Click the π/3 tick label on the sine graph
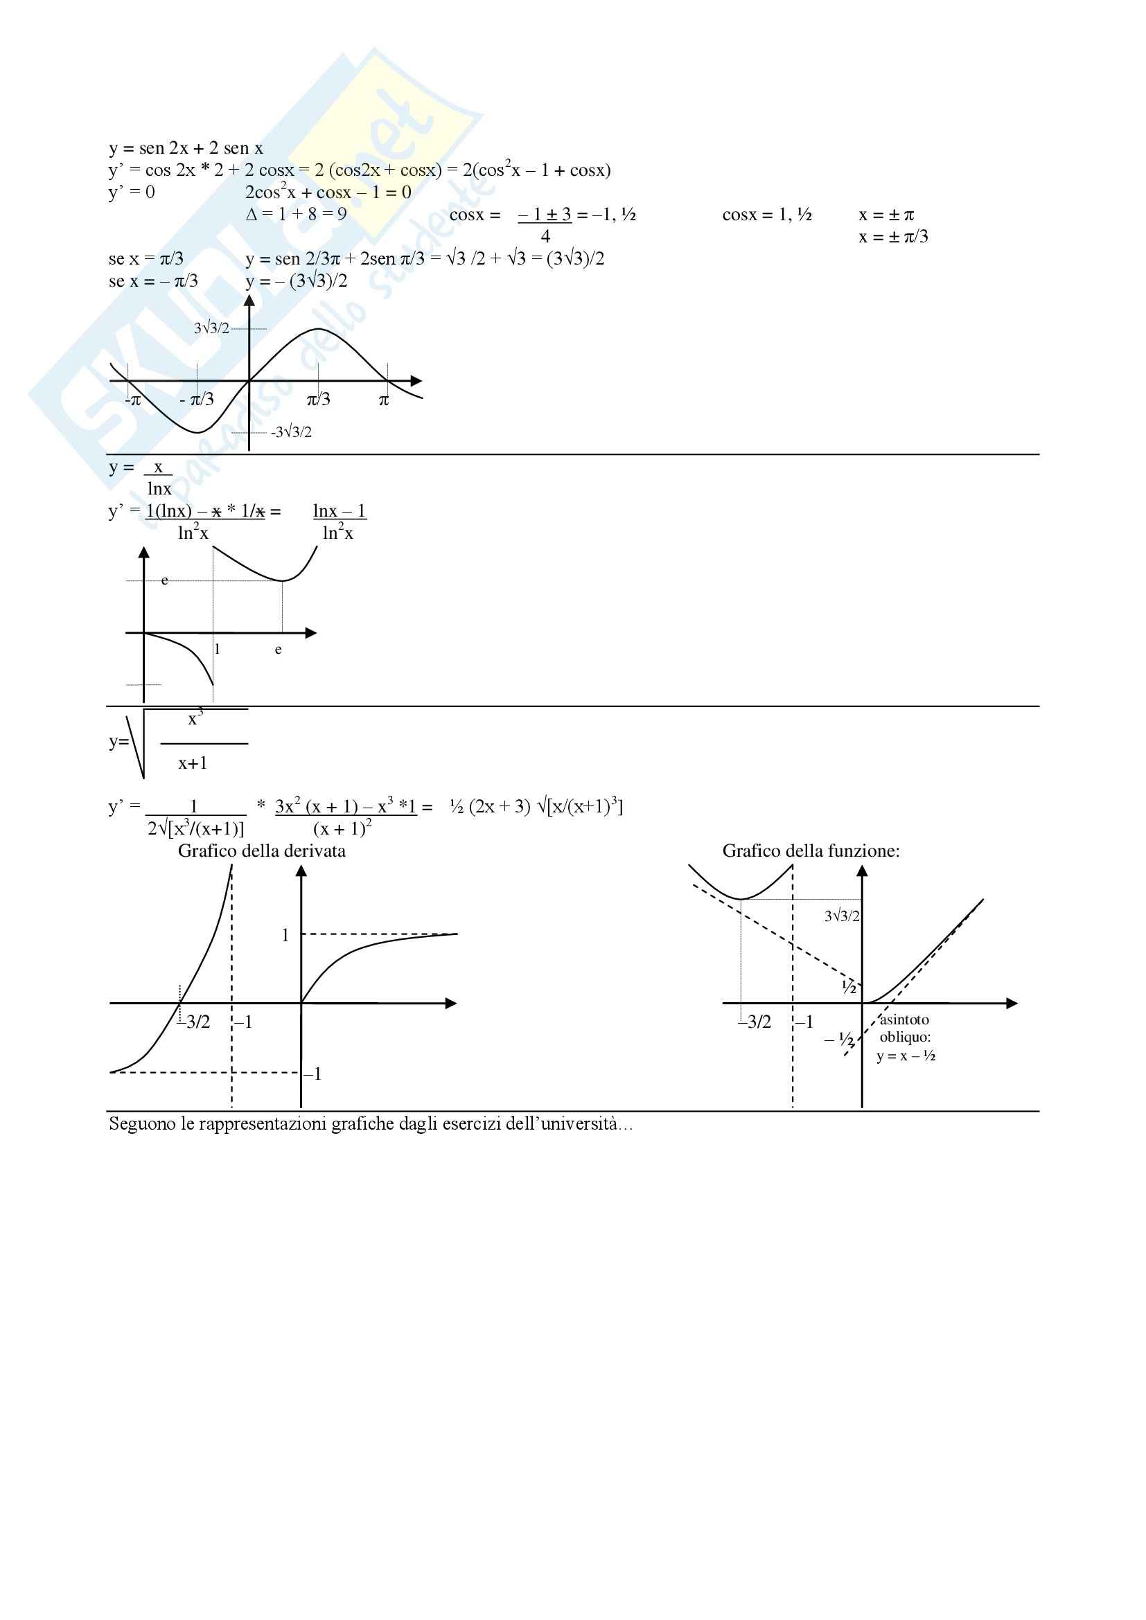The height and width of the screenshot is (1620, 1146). click(x=318, y=400)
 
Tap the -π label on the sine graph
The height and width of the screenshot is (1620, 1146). click(x=132, y=401)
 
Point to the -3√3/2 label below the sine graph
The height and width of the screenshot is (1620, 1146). click(x=291, y=431)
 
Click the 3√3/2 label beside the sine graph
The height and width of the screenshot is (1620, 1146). click(x=212, y=328)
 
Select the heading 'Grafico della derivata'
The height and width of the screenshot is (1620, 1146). click(x=262, y=851)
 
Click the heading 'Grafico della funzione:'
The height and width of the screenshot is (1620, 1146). click(x=811, y=851)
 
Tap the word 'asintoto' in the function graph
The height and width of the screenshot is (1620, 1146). click(x=904, y=1020)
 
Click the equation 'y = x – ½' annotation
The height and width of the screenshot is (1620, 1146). click(x=906, y=1056)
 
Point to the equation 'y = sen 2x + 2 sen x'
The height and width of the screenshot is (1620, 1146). click(x=186, y=148)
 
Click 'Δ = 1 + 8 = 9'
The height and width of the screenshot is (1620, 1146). click(x=297, y=215)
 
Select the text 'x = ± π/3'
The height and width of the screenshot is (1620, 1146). click(x=893, y=237)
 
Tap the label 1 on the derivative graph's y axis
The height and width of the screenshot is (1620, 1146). click(x=285, y=936)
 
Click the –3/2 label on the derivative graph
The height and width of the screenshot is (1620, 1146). click(x=195, y=1022)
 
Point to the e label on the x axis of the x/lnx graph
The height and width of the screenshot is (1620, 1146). click(x=278, y=650)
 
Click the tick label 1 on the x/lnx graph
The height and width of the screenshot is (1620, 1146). click(x=218, y=649)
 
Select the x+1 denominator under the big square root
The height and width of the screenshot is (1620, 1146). click(x=193, y=763)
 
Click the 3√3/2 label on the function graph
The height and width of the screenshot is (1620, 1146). click(x=842, y=916)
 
